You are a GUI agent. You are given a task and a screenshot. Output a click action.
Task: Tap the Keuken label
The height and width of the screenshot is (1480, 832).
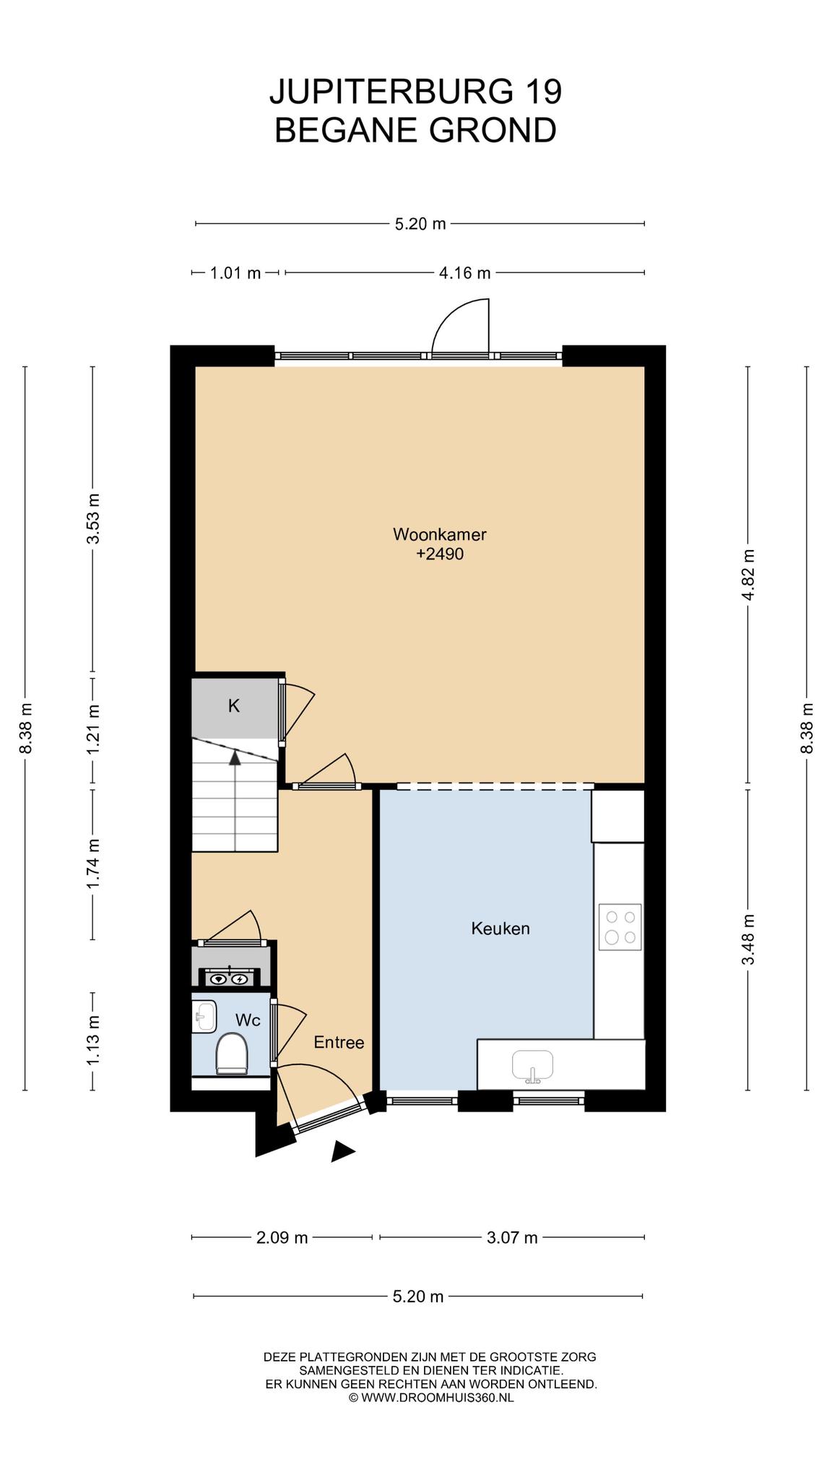(500, 928)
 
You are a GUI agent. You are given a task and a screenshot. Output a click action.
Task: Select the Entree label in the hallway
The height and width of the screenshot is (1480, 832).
(339, 1042)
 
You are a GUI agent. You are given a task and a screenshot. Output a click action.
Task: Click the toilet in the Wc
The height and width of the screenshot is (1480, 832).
(232, 1053)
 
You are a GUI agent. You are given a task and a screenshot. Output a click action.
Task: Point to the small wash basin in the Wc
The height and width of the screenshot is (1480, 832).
(205, 1016)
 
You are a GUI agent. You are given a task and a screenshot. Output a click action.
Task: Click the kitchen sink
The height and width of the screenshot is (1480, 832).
(532, 1066)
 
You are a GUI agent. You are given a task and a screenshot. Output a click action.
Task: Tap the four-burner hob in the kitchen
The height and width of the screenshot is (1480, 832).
(620, 927)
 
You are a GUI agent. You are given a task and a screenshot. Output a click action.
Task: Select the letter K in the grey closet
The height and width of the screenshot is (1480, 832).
(234, 706)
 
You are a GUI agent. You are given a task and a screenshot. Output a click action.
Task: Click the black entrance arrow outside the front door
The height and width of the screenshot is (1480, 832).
(342, 1152)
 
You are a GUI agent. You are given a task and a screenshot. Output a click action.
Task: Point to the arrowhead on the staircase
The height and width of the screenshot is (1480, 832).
(235, 757)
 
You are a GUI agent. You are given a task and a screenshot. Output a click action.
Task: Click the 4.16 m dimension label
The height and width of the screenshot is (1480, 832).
(464, 272)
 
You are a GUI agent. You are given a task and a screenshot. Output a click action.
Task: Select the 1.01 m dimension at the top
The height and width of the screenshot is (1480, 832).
(235, 272)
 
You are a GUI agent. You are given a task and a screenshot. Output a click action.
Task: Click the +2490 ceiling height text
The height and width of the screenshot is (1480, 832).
(440, 554)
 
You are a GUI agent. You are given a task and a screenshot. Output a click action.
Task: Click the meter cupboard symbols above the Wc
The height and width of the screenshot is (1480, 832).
(229, 979)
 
